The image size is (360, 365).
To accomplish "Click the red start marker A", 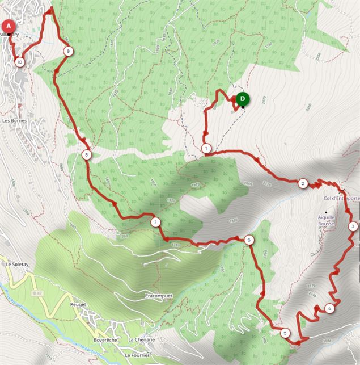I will (9, 26).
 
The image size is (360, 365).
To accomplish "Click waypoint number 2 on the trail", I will (303, 183).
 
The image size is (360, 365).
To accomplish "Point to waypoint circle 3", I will (353, 226).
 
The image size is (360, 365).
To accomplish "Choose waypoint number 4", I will (329, 309).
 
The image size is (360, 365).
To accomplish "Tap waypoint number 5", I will (285, 333).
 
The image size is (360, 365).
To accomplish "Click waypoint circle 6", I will (248, 240).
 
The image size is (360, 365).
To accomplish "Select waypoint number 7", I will (155, 223).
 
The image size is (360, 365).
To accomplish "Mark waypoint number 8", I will (86, 154).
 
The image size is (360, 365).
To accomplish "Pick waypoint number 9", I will (67, 51).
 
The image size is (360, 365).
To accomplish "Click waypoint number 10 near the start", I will (20, 62).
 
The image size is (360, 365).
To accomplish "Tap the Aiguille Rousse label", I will (326, 220).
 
